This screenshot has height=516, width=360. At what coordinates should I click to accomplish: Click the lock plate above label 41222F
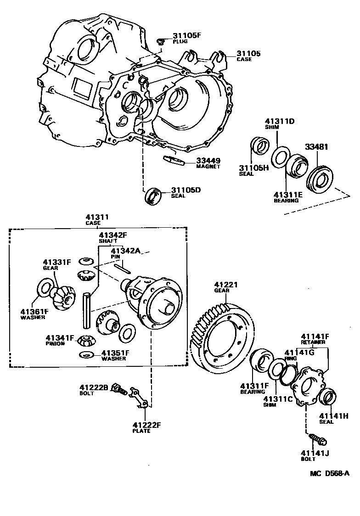[x=138, y=398]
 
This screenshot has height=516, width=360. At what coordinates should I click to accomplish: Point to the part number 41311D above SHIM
[x=279, y=122]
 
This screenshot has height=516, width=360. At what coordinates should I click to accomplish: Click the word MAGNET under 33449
[x=208, y=167]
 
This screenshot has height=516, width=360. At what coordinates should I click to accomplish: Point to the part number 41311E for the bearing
[x=288, y=195]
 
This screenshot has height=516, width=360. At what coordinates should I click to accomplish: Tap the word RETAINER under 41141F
[x=314, y=342]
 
